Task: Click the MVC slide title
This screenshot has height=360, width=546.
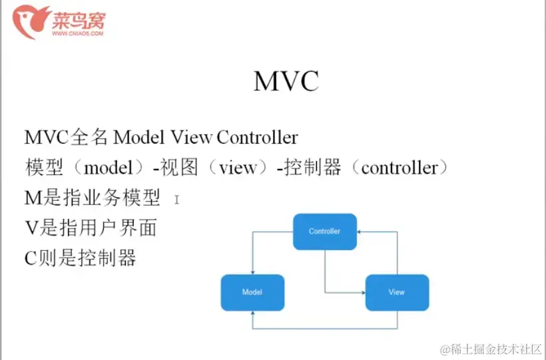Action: (x=286, y=81)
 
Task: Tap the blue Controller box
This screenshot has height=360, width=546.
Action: (x=325, y=232)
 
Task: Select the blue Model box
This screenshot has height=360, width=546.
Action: (x=252, y=292)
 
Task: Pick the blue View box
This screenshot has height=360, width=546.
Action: (x=397, y=292)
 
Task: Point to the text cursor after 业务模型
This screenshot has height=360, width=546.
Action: (x=176, y=198)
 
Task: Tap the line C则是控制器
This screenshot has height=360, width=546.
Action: (x=80, y=258)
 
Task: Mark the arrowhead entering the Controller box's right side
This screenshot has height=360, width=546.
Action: (x=360, y=232)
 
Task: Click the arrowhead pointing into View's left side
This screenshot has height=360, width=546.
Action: (x=362, y=292)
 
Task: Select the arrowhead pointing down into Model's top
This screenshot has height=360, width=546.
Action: (x=252, y=273)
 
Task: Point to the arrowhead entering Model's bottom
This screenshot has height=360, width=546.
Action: (x=252, y=314)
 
